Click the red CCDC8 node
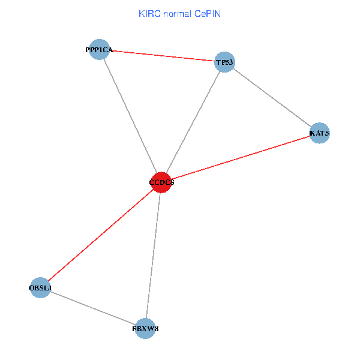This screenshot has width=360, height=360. (161, 182)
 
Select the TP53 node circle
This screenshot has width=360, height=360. (224, 62)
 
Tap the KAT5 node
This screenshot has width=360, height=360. (320, 133)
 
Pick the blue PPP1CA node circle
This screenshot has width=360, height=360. (99, 49)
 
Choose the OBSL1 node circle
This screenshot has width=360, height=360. (40, 288)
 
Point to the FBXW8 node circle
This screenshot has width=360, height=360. (145, 328)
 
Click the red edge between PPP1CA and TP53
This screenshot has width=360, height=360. (162, 56)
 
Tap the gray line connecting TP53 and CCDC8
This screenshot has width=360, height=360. (193, 122)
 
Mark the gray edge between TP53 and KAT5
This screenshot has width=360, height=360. (272, 97)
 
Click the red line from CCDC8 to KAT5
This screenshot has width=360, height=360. (240, 157)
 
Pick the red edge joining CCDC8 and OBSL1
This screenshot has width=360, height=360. (101, 235)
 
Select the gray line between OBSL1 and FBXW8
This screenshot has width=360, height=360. (92, 308)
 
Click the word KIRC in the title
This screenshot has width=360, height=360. (148, 13)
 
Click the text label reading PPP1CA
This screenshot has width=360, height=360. (99, 50)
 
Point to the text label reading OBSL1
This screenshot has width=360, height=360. (40, 289)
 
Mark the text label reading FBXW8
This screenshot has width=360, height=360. (145, 329)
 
